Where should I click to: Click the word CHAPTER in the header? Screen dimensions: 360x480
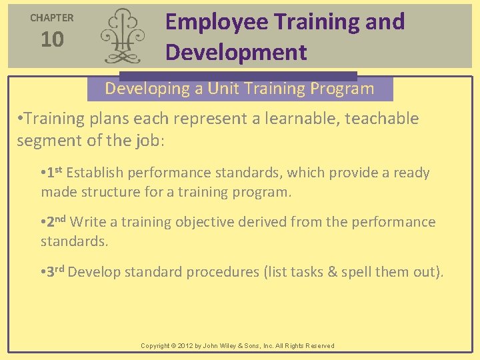(x=52, y=18)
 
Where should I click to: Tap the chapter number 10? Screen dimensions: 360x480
(x=52, y=40)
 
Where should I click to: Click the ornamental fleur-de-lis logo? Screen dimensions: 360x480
(x=122, y=35)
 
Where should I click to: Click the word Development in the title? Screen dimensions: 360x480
(x=236, y=52)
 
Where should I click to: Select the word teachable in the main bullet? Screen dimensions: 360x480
(x=378, y=119)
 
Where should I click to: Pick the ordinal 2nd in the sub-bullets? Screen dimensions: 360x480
(x=57, y=221)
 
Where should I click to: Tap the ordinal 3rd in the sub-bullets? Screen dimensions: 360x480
(x=56, y=271)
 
